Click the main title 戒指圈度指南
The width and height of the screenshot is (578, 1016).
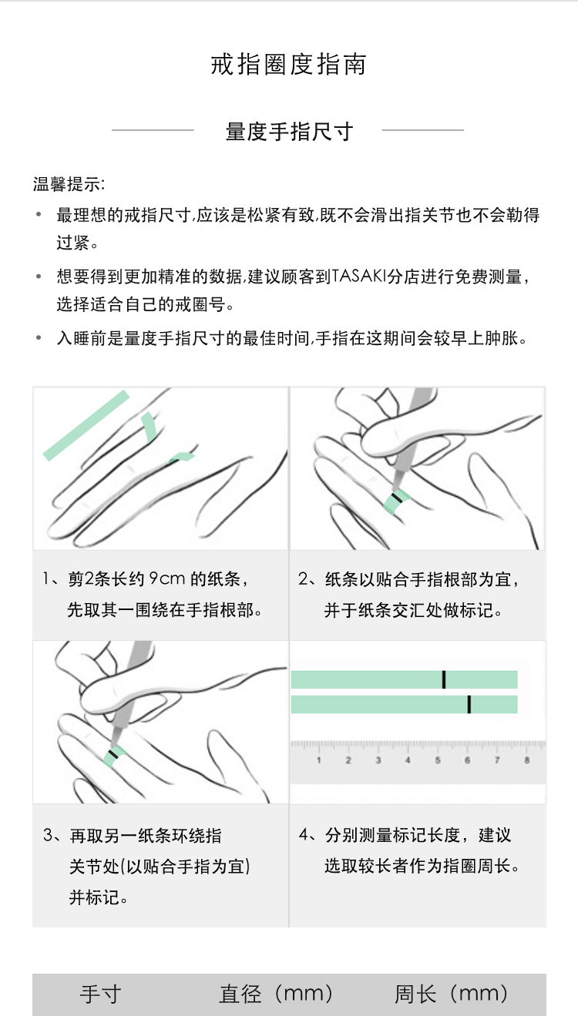point(288,64)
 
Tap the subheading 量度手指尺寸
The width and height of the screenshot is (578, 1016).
point(289,132)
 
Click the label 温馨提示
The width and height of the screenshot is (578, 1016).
point(67,184)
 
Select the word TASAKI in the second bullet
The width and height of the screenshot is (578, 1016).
point(359,276)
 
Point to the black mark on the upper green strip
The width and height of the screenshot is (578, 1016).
point(444,679)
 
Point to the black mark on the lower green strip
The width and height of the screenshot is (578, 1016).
point(469,704)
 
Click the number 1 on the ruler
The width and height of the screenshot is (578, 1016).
point(318,760)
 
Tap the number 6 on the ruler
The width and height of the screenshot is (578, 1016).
point(467,760)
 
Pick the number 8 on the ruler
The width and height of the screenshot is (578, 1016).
point(526,760)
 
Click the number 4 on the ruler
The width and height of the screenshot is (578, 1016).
point(408,760)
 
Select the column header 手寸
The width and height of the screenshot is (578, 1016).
point(101,994)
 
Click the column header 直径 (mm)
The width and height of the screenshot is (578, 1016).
point(277,994)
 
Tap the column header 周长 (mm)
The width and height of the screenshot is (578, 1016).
point(452,994)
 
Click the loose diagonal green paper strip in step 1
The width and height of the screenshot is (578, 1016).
point(86,425)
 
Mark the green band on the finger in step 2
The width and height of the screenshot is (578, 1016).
point(397,501)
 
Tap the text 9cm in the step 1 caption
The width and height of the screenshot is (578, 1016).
point(167,578)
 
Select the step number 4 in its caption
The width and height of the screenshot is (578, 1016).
point(304,834)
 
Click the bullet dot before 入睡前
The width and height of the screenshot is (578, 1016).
point(39,337)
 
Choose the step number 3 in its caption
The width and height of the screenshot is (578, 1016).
point(48,835)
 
